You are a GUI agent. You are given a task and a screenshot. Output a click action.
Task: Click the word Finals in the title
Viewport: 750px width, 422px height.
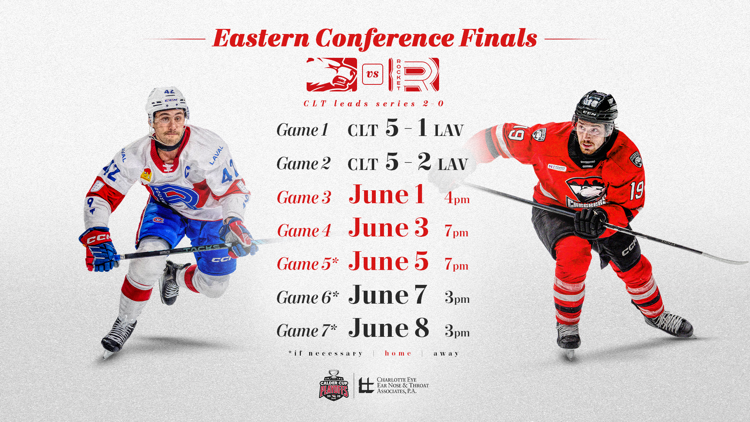point(498,38)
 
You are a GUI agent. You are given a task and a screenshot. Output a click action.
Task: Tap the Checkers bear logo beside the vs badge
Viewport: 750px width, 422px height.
point(332,74)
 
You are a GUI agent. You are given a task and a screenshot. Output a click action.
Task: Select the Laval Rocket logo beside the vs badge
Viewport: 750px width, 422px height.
point(414,75)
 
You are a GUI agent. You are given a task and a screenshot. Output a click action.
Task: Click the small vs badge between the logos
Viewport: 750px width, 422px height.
point(373,74)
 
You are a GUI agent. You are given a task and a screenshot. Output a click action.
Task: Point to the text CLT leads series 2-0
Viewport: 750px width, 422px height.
point(374,104)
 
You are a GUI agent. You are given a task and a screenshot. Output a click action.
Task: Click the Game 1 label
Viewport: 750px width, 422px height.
point(302,130)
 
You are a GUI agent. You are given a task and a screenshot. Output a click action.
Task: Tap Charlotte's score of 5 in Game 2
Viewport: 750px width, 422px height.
point(392,161)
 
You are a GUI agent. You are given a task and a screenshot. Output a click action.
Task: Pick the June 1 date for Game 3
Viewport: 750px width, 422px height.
point(387,194)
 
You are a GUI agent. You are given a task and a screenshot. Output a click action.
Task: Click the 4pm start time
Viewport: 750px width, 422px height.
point(457,198)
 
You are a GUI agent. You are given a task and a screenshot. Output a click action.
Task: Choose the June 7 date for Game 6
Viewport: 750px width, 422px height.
point(387,295)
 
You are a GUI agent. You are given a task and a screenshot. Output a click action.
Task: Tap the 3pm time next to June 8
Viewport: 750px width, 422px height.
point(457,331)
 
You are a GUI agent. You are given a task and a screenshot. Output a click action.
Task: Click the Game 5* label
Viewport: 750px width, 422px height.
point(307,264)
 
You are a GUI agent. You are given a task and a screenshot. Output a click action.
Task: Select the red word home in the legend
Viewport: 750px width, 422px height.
point(398,353)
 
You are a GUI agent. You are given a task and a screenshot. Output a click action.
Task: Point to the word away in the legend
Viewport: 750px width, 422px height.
point(446,354)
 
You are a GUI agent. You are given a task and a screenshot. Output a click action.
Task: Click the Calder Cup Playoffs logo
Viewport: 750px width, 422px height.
point(334,385)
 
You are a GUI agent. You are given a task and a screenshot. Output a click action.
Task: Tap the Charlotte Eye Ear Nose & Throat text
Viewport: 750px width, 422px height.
point(403,385)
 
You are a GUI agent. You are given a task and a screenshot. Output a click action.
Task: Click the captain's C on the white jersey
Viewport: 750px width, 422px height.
point(187,171)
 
